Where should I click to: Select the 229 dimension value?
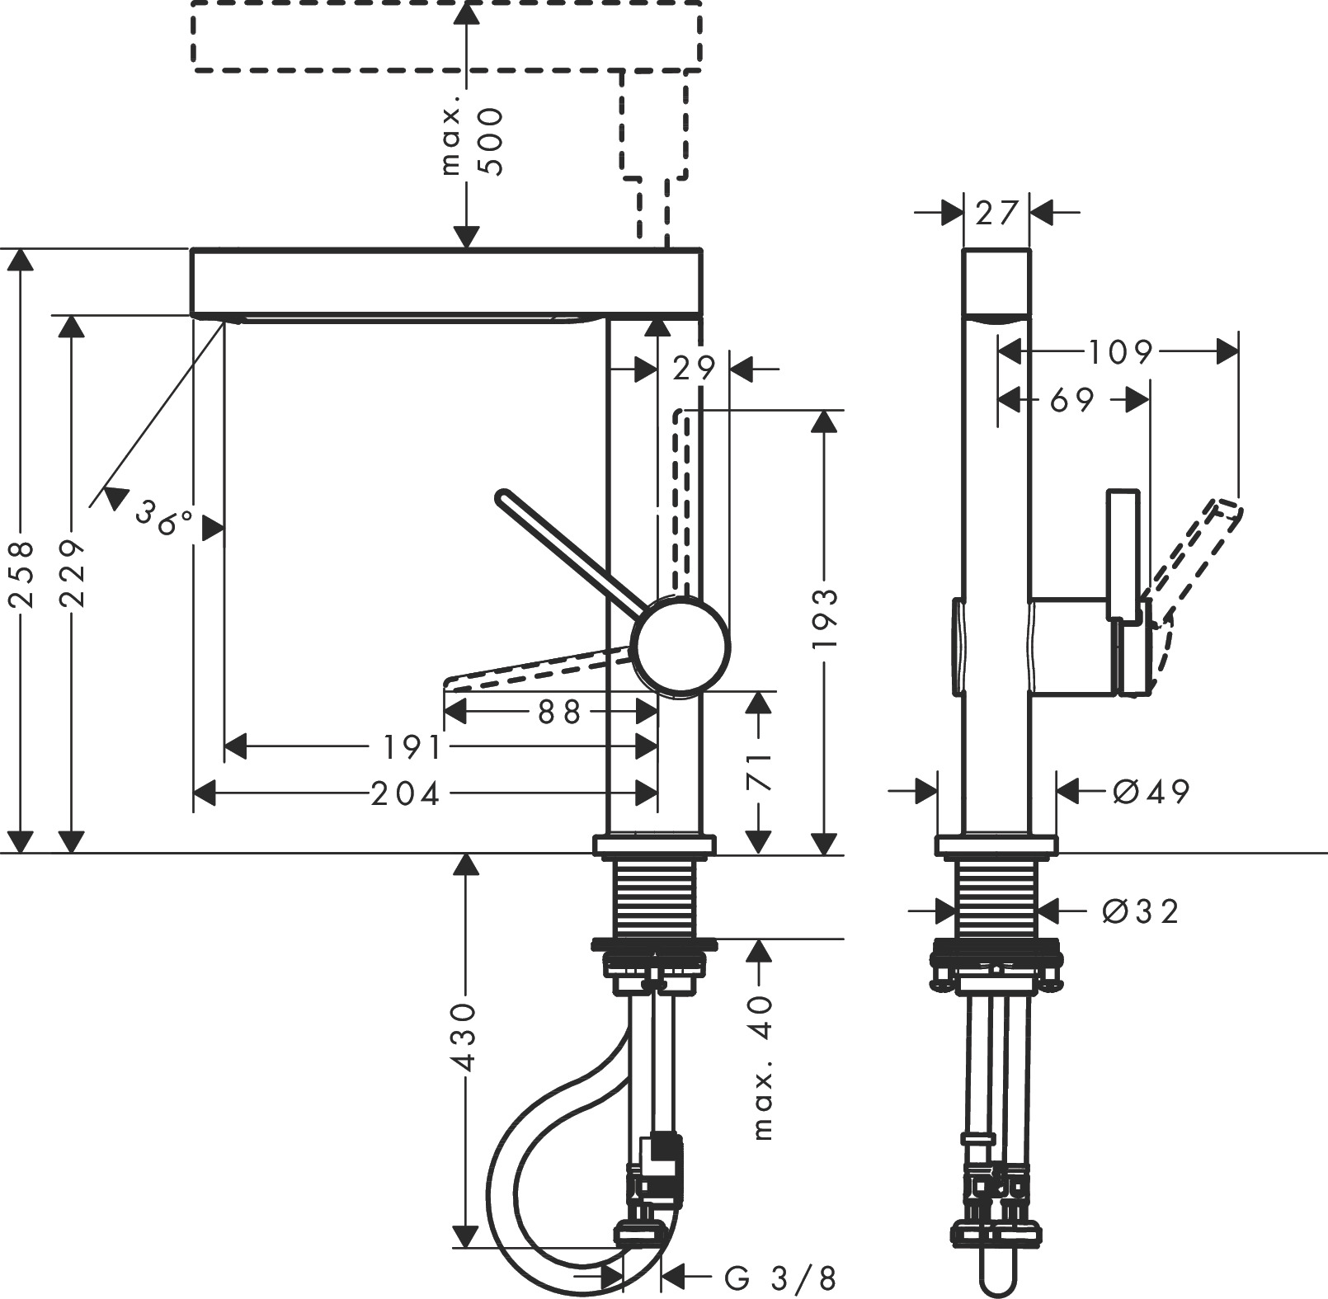click(73, 574)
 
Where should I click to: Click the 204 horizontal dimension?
click(405, 793)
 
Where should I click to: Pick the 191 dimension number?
click(412, 747)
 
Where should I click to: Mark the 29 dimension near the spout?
click(694, 369)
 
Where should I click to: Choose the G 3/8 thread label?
click(780, 1278)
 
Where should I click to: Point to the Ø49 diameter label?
click(1151, 792)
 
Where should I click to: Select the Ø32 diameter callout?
click(1141, 911)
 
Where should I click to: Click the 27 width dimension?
click(996, 214)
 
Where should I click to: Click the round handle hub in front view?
click(681, 646)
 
